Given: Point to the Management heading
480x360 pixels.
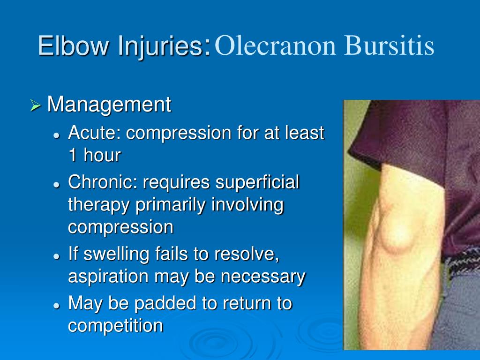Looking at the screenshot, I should click(109, 105).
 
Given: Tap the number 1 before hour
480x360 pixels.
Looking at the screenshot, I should click(73, 156).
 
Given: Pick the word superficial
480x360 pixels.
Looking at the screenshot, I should click(257, 182).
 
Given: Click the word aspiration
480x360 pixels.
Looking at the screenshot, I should click(108, 277).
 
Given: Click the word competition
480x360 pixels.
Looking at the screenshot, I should click(115, 325).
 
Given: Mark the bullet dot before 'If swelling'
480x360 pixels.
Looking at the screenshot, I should click(56, 256).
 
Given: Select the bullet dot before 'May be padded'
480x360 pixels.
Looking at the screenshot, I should click(56, 305).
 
